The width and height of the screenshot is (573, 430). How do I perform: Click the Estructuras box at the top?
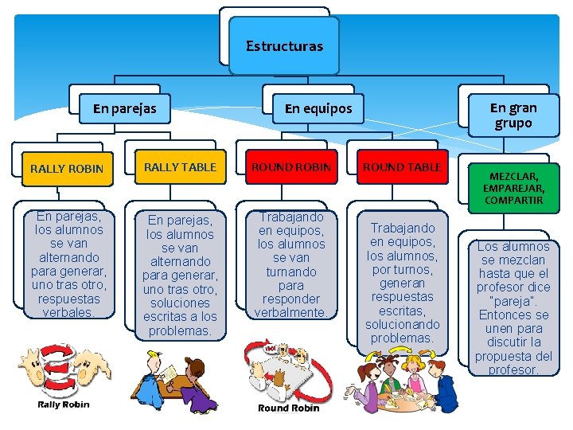pyautogui.click(x=284, y=46)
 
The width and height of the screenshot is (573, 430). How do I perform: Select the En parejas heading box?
pyautogui.click(x=124, y=107)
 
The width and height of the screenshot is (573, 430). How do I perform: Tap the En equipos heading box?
pyautogui.click(x=318, y=108)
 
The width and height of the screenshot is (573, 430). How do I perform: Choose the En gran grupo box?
pyautogui.click(x=513, y=115)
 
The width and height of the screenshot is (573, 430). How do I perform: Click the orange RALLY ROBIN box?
pyautogui.click(x=66, y=169)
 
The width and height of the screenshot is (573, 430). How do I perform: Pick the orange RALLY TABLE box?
pyautogui.click(x=180, y=167)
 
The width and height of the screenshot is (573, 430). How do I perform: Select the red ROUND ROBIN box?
pyautogui.click(x=291, y=167)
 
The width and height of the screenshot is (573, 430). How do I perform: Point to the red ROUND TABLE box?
pyautogui.click(x=402, y=167)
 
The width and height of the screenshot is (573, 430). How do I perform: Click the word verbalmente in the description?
pyautogui.click(x=290, y=313)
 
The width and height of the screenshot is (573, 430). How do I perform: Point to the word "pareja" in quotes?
pyautogui.click(x=513, y=301)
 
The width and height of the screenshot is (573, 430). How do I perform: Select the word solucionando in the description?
pyautogui.click(x=402, y=325)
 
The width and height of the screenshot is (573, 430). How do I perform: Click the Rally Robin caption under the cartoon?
pyautogui.click(x=64, y=405)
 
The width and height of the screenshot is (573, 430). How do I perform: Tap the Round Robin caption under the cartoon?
pyautogui.click(x=288, y=408)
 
